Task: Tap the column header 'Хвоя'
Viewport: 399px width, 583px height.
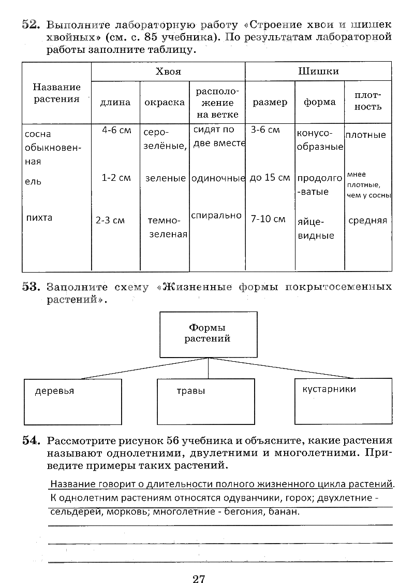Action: click(x=168, y=72)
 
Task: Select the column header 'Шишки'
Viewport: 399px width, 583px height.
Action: click(x=318, y=72)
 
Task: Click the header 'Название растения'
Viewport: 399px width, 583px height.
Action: click(x=57, y=93)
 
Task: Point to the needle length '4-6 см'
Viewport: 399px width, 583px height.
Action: click(x=116, y=130)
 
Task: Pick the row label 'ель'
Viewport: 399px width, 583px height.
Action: click(x=33, y=182)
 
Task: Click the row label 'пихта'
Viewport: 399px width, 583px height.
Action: click(x=39, y=218)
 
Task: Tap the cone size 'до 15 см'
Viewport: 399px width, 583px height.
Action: click(x=270, y=178)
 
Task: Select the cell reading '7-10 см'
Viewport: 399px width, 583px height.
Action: click(x=268, y=219)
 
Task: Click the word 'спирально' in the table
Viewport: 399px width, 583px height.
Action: click(x=216, y=215)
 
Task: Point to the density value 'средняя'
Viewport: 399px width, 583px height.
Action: click(x=367, y=220)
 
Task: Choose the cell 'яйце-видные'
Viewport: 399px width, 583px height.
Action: click(x=316, y=229)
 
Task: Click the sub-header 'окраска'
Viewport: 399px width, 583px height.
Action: click(x=165, y=102)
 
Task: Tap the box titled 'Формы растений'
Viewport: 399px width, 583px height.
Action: click(x=208, y=334)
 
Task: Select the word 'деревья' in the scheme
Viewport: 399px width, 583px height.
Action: click(x=54, y=391)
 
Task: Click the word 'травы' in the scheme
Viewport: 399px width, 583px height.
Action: click(x=191, y=391)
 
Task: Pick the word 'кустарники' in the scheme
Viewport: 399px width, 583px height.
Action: click(x=329, y=389)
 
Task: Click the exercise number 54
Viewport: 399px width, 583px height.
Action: click(x=31, y=441)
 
